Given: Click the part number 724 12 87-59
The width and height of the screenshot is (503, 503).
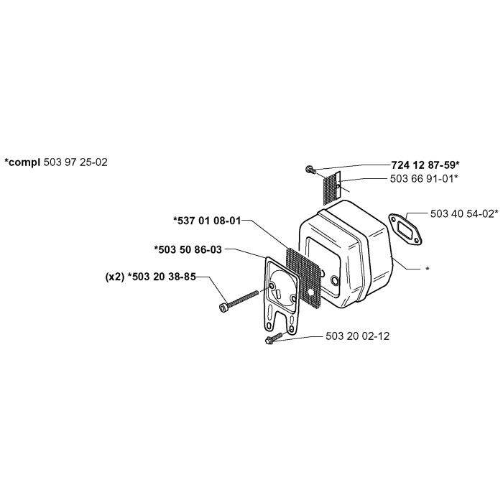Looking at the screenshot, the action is tap(423, 165).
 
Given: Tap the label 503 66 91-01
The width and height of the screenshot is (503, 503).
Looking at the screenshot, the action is tap(422, 179).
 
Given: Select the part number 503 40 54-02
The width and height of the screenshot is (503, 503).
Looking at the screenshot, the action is tap(462, 213).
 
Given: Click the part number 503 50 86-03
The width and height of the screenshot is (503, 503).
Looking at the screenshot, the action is tap(190, 249).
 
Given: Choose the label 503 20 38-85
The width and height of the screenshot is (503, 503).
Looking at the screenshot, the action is tap(164, 277).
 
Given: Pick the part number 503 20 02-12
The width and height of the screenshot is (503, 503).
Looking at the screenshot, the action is tap(357, 336).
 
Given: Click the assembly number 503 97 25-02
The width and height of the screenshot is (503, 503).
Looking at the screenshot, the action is tap(75, 162).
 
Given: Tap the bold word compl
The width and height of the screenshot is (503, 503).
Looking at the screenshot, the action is tap(24, 162).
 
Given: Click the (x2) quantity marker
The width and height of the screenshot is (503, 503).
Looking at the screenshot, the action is tap(115, 277).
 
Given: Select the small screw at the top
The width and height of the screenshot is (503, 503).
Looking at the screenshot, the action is tap(310, 169).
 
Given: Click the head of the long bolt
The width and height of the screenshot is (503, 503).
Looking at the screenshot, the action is tap(223, 308).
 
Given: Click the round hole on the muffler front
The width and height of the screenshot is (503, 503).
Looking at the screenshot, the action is tap(335, 281).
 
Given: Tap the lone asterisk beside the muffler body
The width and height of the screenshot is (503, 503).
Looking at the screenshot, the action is tap(428, 269).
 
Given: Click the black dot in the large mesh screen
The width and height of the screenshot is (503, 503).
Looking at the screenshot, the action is tap(310, 292).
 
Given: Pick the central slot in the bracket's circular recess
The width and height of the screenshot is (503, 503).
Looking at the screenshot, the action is tap(279, 292).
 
